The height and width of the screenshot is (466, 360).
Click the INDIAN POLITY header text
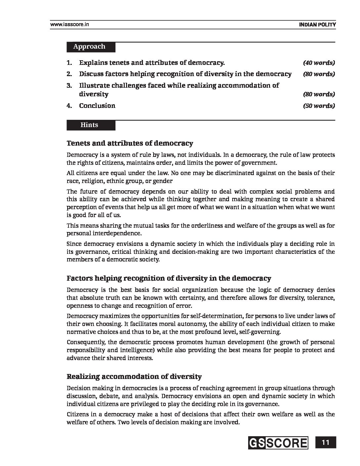coord(317,24)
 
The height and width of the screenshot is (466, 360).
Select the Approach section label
coord(89,47)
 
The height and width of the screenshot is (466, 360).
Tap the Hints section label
coord(89,125)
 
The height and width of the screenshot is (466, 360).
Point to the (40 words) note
coord(319,63)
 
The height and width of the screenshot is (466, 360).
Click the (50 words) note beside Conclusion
coord(319,106)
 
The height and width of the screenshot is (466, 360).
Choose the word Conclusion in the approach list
coord(97,106)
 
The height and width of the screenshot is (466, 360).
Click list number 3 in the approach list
coord(69,86)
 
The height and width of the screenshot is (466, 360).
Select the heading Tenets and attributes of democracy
coord(130,143)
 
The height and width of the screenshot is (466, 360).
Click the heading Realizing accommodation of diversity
coord(134,377)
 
